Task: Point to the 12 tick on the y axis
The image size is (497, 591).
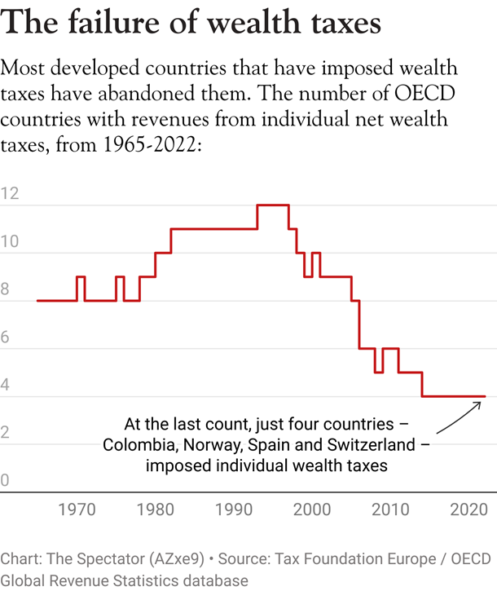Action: (10, 194)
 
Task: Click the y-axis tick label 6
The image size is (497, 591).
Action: (6, 337)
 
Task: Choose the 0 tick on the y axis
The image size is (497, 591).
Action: (6, 481)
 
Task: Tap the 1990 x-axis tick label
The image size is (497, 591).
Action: (233, 511)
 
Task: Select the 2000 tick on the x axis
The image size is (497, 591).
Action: (311, 511)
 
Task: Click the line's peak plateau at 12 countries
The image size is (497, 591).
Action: (273, 205)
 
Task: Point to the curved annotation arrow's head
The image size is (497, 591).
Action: (482, 400)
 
